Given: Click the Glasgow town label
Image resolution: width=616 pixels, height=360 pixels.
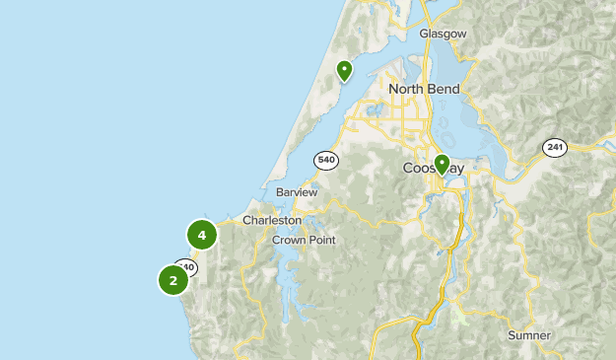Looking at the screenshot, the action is tap(443, 34).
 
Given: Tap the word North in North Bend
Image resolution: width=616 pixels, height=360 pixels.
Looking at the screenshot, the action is tap(407, 89).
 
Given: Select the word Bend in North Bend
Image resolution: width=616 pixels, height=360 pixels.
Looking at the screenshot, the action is tap(444, 89).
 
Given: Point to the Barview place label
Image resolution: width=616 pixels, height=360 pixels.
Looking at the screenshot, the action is tap(297, 192).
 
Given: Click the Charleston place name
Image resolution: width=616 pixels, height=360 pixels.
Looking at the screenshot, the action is tap(272, 220).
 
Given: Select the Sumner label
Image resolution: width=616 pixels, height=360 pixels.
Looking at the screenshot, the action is tap(529, 335).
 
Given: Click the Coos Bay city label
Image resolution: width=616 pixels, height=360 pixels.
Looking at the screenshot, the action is tap(433, 169).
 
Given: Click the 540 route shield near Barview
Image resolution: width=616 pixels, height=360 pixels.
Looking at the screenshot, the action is tap(326, 159).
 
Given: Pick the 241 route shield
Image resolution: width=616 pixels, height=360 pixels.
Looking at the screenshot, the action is tap(555, 147).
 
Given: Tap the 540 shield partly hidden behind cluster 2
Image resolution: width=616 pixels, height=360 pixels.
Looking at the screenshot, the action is tap(186, 267).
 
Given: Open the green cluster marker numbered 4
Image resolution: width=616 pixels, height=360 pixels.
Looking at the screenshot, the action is tap(201, 235).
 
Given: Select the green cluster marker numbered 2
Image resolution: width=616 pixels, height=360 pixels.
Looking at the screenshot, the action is tap(173, 280).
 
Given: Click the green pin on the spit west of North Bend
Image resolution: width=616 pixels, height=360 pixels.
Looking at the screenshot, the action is tap(344, 70).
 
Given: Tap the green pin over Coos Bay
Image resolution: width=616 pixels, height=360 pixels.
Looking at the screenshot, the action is tap(442, 164).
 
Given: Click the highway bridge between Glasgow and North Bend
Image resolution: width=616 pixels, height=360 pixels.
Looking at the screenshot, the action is tap(430, 54).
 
